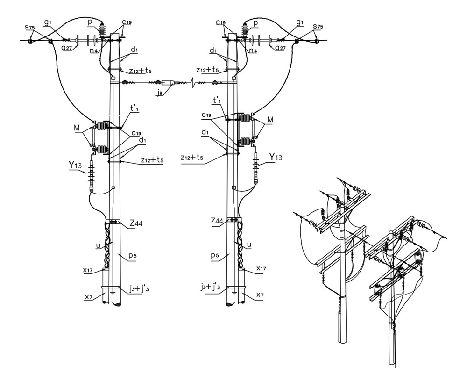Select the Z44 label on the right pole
click(x=217, y=221)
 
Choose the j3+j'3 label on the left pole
click(x=139, y=289)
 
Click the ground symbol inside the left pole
click(x=112, y=293)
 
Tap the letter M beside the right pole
click(x=270, y=119)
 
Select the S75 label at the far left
click(x=30, y=28)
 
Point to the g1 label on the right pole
click(x=300, y=22)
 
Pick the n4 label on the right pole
click(x=253, y=50)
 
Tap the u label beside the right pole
click(x=249, y=245)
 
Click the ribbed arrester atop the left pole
click(x=102, y=30)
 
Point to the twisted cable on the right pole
click(x=240, y=243)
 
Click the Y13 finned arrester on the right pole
click(x=255, y=168)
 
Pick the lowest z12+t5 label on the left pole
click(x=152, y=160)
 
